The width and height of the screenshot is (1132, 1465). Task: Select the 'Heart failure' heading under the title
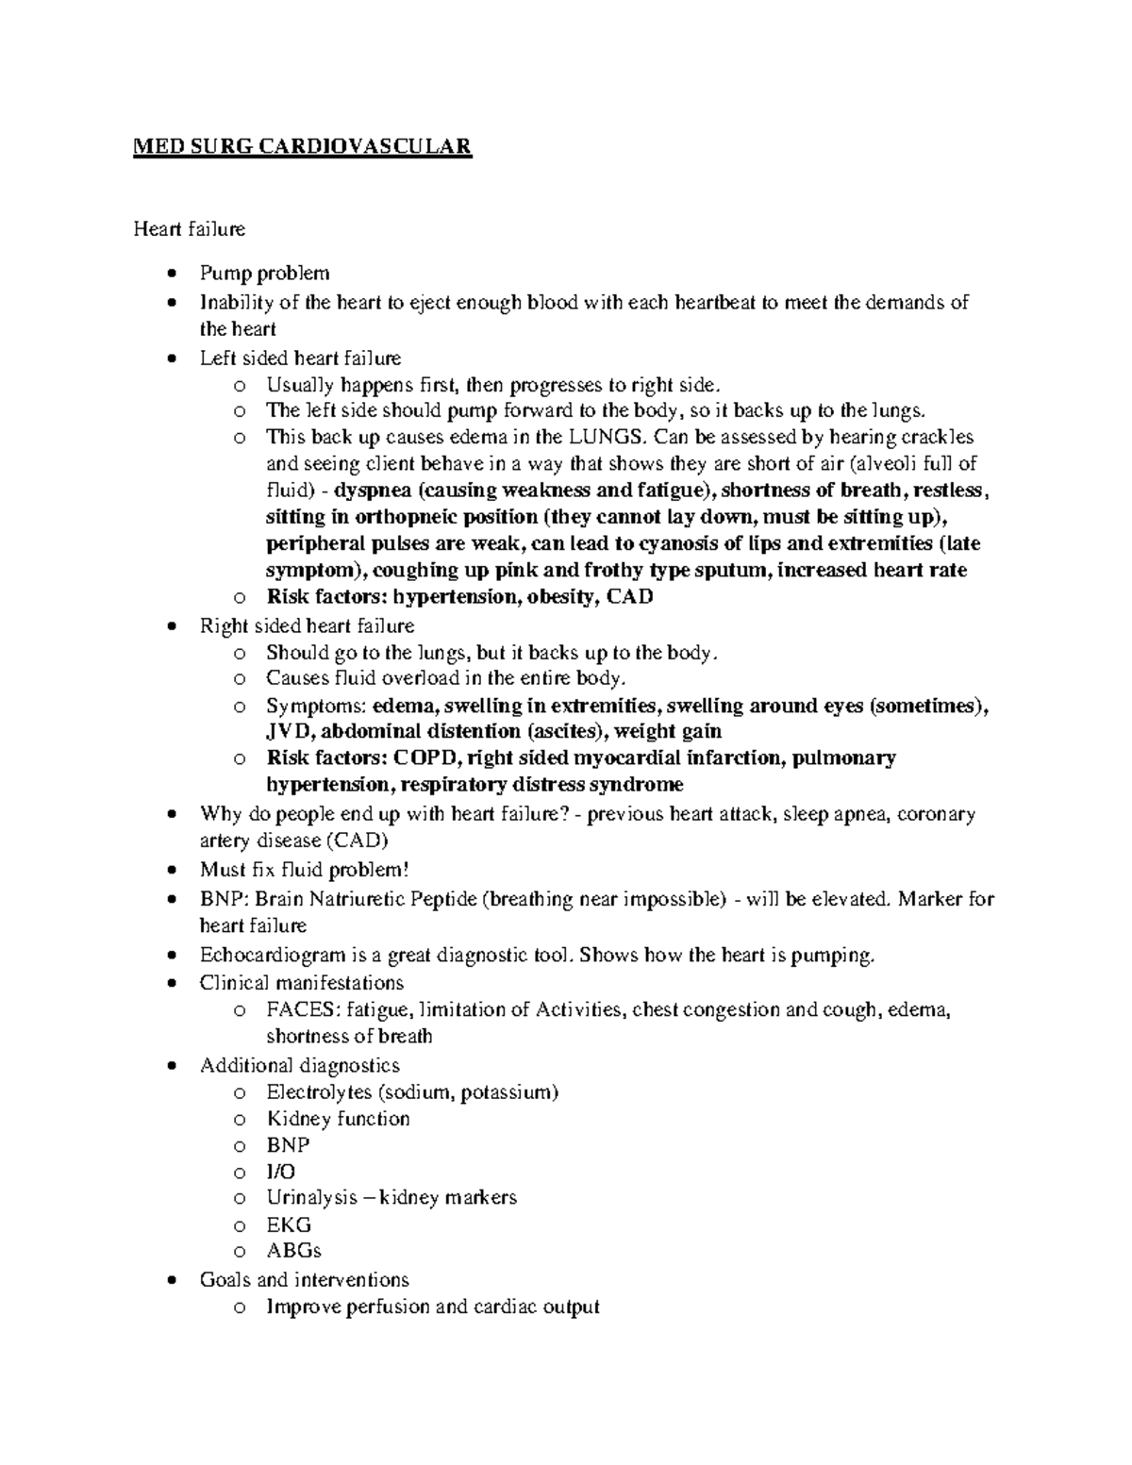(189, 229)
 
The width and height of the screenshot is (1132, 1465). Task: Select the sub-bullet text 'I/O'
(280, 1172)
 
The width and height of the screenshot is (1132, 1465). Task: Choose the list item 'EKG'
(288, 1225)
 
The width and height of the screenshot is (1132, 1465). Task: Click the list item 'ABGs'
(293, 1251)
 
